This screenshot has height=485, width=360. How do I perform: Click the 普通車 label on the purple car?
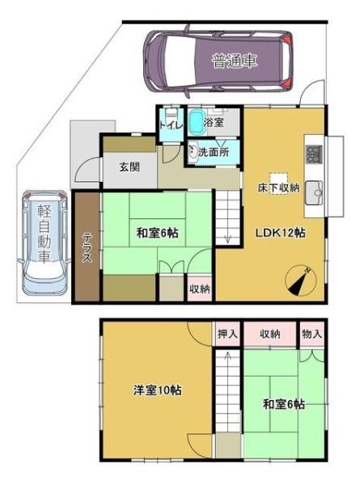[x=235, y=61]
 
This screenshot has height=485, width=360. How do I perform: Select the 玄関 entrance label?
[x=130, y=167]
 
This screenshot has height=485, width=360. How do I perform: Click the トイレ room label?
[x=171, y=124]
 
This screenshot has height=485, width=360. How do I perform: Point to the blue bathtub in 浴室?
[x=198, y=124]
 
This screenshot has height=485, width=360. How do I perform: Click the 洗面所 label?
[x=213, y=150]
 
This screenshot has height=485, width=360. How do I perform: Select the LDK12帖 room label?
[x=281, y=233]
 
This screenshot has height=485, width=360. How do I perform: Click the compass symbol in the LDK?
[x=300, y=280]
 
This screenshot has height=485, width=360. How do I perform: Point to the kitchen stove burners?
[x=313, y=154]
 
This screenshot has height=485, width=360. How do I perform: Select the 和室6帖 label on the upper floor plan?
[x=157, y=233]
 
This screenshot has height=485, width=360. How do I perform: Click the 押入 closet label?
[x=227, y=332]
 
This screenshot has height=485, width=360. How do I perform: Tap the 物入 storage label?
[x=311, y=332]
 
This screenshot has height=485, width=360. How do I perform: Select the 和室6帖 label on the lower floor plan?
[x=284, y=404]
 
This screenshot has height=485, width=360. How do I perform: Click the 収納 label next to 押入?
[x=270, y=332]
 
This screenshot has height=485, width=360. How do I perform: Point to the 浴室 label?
[x=214, y=123]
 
